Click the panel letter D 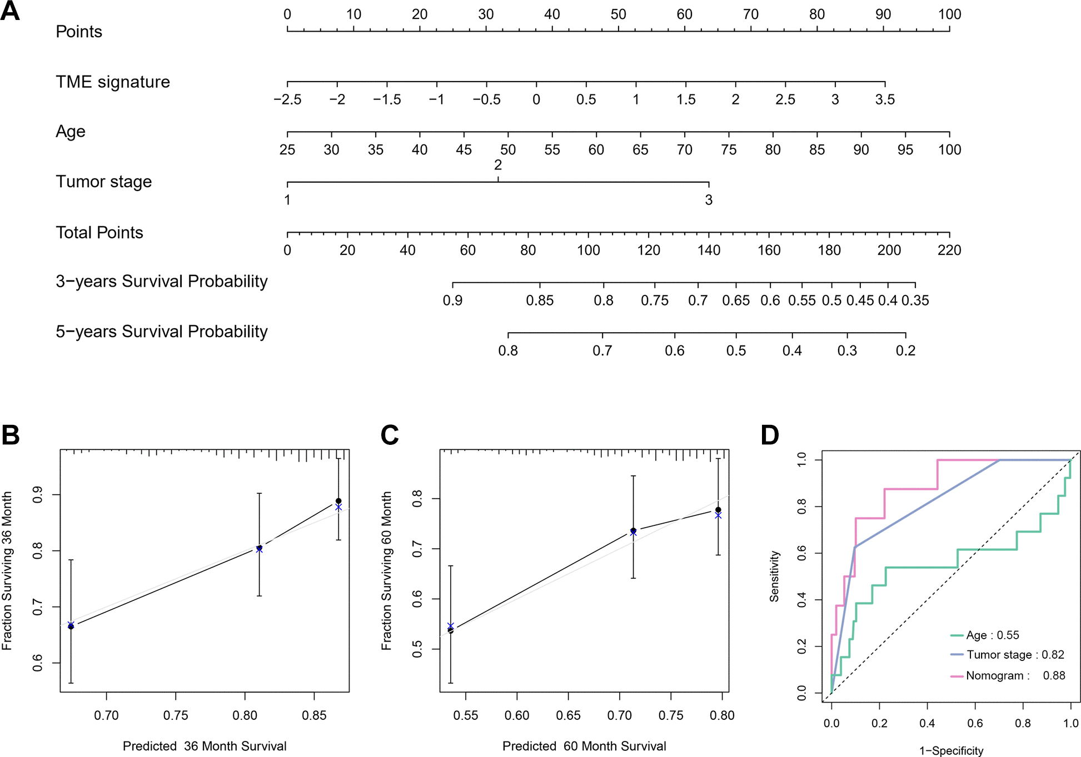pos(770,435)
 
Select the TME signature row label pos(113,82)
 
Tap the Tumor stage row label pos(103,182)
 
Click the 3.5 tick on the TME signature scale pos(885,99)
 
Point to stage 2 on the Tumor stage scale pos(498,166)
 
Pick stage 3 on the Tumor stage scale pos(709,200)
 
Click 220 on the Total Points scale pos(949,250)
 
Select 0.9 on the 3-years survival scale pos(452,300)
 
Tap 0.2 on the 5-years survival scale pos(905,350)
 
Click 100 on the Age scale pos(949,149)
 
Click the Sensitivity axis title pos(774,576)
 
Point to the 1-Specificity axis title pos(951,750)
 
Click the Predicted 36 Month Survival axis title pos(205,746)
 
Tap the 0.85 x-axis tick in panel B pos(314,715)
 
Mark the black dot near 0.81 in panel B pos(259,548)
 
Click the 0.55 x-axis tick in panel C pos(465,715)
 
